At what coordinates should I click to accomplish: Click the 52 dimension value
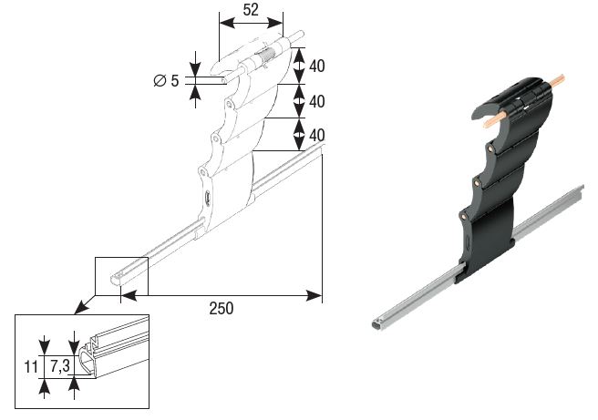pyautogui.click(x=251, y=10)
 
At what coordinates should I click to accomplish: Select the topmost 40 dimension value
pyautogui.click(x=317, y=66)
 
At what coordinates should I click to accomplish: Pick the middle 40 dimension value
pyautogui.click(x=317, y=101)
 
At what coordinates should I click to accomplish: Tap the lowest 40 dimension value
pyautogui.click(x=317, y=136)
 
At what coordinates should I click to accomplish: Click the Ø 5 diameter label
pyautogui.click(x=166, y=81)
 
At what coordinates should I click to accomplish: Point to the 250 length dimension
pyautogui.click(x=222, y=308)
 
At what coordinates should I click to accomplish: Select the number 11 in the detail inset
pyautogui.click(x=31, y=366)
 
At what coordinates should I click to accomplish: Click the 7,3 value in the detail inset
pyautogui.click(x=60, y=366)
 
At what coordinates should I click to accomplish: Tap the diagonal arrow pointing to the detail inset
pyautogui.click(x=85, y=304)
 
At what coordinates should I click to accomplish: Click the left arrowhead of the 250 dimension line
pyautogui.click(x=129, y=295)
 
